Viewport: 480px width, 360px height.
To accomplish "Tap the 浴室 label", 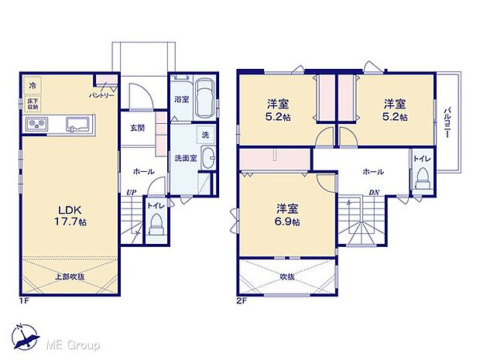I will point(181,99).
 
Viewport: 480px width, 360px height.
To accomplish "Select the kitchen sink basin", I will point(79,124).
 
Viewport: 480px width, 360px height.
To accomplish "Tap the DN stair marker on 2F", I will point(373,191).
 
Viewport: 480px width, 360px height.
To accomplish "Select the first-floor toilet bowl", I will point(156,226).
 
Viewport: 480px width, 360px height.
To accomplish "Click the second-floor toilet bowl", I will point(422,179).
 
